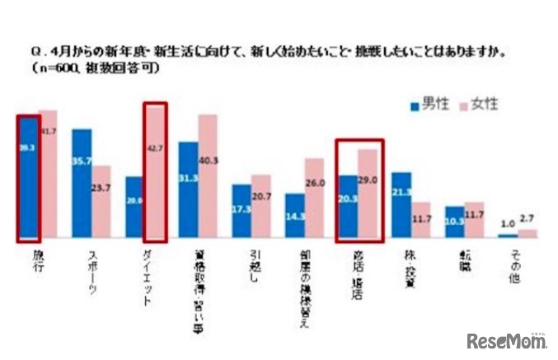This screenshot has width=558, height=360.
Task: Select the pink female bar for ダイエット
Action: click(x=156, y=173)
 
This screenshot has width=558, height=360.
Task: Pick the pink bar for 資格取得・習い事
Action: click(x=208, y=176)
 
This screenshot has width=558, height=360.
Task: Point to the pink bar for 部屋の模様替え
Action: click(x=315, y=198)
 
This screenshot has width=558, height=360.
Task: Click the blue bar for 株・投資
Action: click(x=401, y=205)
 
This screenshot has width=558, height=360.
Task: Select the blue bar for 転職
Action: click(x=454, y=222)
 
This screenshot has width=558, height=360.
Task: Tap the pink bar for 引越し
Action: click(x=261, y=206)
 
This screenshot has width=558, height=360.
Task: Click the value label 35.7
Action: click(x=82, y=162)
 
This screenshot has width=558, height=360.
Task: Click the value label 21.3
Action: click(x=401, y=193)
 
